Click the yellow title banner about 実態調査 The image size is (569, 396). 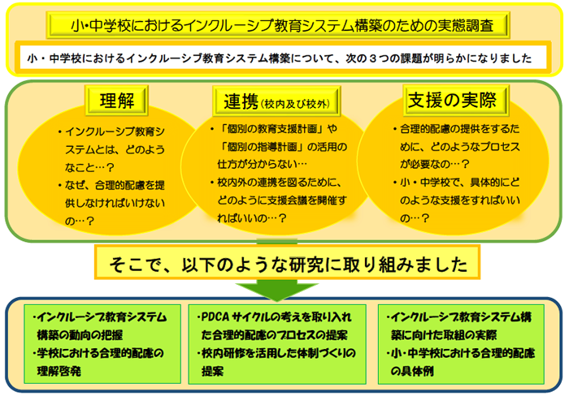click(278, 25)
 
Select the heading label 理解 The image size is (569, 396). click(117, 101)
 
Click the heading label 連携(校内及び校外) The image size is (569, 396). click(276, 101)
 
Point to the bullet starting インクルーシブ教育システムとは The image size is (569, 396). click(111, 149)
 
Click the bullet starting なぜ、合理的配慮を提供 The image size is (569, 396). click(111, 203)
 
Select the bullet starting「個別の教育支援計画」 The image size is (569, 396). click(279, 146)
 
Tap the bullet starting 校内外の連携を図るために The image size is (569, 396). click(279, 200)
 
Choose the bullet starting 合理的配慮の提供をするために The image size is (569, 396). click(457, 146)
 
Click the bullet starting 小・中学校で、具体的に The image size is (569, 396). click(457, 200)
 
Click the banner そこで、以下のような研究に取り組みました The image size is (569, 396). click(288, 264)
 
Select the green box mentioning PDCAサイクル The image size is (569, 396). click(277, 344)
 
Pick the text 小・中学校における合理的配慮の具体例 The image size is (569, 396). click(461, 362)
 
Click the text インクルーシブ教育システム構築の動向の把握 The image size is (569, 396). click(100, 326)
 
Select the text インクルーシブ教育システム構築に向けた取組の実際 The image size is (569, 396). click(459, 326)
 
